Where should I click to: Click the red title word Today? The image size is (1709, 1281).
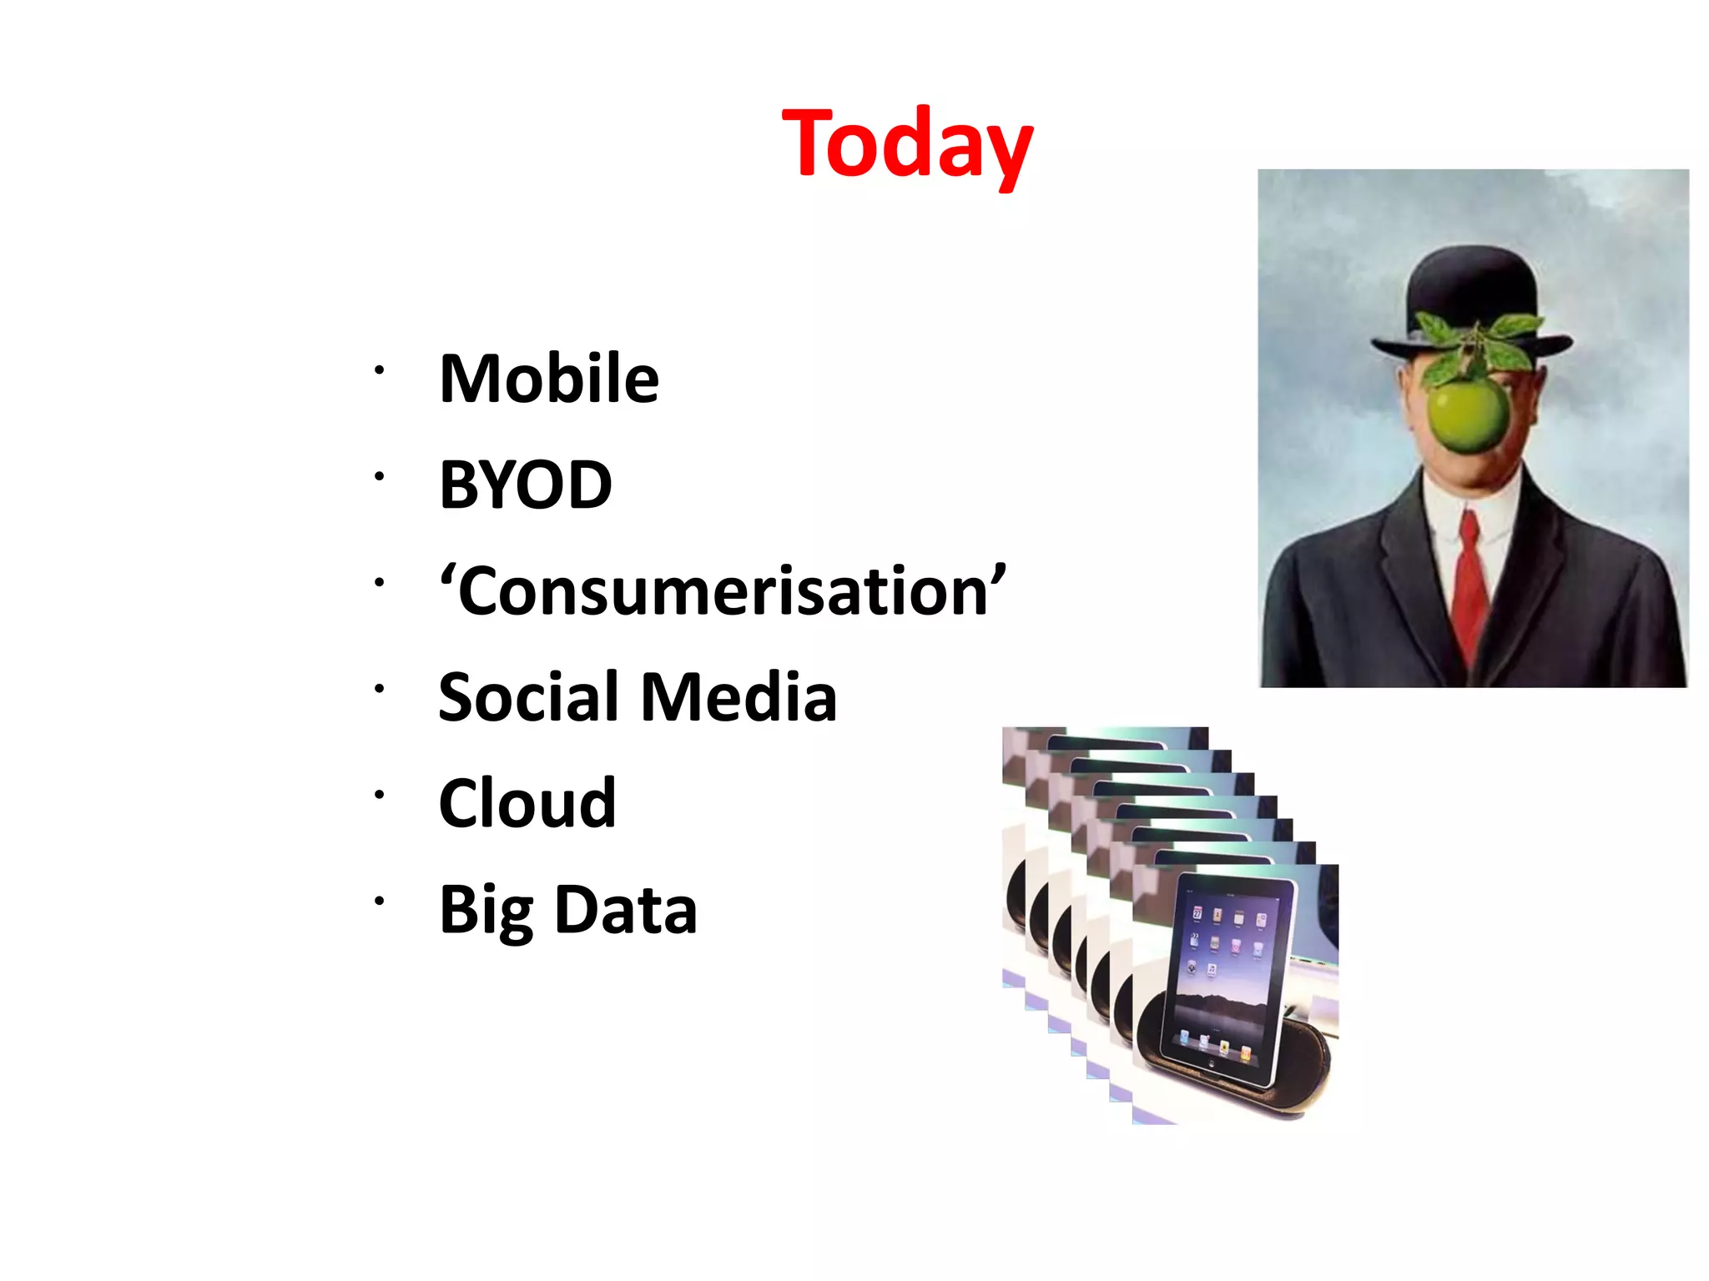tap(907, 145)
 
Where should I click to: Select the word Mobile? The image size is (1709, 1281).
tap(549, 379)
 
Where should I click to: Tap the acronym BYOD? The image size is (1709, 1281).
tap(526, 485)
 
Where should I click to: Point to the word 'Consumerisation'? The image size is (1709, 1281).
tap(723, 590)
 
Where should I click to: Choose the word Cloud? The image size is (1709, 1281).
tap(527, 802)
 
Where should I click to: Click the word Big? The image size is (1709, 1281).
tap(486, 911)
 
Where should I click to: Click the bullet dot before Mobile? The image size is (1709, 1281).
tap(379, 369)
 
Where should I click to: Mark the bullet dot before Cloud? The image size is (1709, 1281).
tap(379, 794)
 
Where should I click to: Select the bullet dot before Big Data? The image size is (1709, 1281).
tap(379, 901)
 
